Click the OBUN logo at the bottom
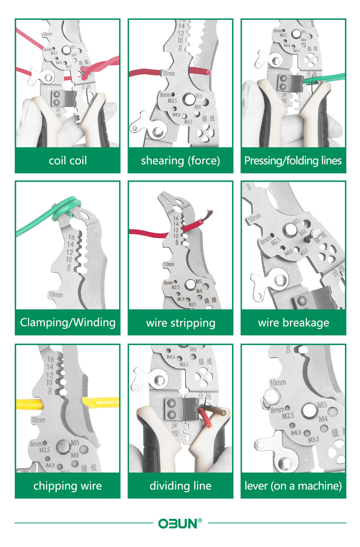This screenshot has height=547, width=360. (178, 523)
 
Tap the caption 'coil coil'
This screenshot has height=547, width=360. (68, 161)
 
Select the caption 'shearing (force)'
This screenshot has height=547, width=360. (180, 161)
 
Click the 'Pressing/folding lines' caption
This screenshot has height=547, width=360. (293, 161)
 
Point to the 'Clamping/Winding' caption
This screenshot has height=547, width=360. (68, 323)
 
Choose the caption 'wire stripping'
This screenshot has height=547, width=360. (180, 323)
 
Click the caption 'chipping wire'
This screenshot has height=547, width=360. (67, 486)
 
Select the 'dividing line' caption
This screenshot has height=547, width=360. (180, 486)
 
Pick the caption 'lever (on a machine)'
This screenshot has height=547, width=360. (293, 486)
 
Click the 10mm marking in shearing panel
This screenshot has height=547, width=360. (168, 73)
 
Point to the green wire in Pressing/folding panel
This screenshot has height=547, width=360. (325, 78)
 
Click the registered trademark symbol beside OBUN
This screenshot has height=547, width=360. (200, 521)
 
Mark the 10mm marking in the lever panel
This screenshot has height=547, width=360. (277, 383)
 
